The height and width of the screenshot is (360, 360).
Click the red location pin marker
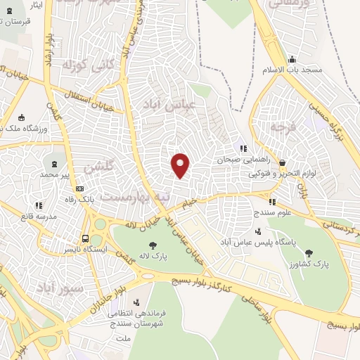[x=181, y=165]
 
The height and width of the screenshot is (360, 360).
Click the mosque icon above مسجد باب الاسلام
[x=292, y=59]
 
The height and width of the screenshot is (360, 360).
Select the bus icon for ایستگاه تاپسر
[x=85, y=238]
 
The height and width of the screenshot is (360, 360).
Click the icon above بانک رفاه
[x=79, y=188]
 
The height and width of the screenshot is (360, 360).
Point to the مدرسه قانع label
[x=38, y=217]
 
